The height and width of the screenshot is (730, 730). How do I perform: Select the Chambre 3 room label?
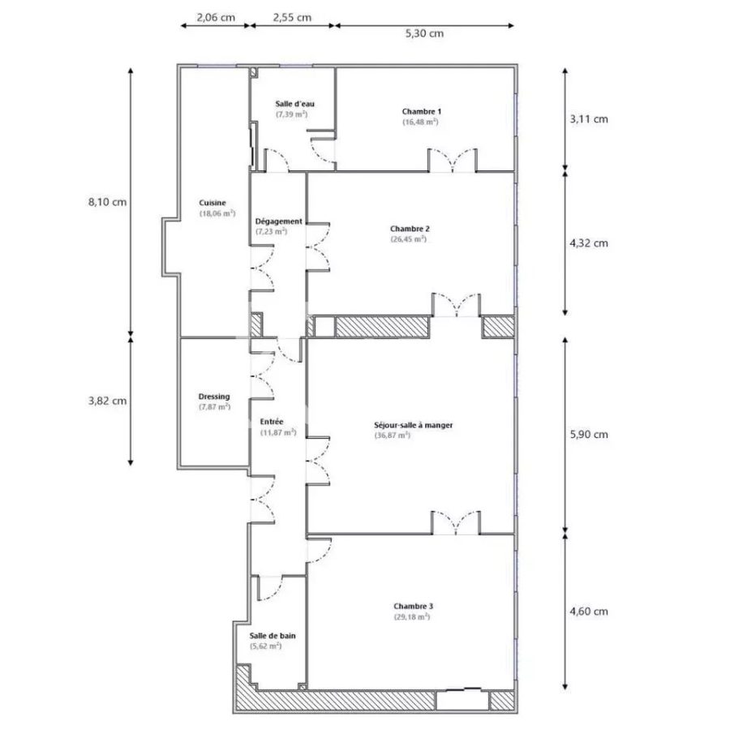[x=414, y=606]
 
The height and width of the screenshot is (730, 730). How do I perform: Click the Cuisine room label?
[x=213, y=203]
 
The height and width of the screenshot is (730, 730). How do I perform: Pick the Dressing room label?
[x=214, y=396]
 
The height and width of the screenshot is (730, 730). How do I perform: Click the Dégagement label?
[x=278, y=221]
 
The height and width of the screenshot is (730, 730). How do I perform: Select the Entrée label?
[x=272, y=422]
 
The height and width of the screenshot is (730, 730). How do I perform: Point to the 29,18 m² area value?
[x=411, y=617]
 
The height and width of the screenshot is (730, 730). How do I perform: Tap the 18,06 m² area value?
[x=217, y=214]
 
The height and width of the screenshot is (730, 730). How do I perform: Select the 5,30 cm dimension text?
[x=424, y=33]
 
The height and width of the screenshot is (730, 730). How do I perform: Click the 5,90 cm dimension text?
[x=589, y=434]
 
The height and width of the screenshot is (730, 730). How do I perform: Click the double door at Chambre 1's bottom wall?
[x=453, y=161]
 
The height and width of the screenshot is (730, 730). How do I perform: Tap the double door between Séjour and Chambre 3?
[x=455, y=524]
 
